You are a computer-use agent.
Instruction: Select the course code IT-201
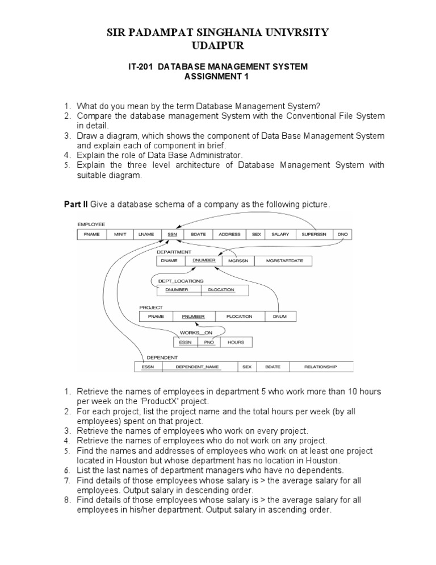pyautogui.click(x=141, y=67)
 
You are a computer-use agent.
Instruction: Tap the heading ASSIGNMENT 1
pyautogui.click(x=218, y=77)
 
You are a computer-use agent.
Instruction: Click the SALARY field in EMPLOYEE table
pyautogui.click(x=280, y=234)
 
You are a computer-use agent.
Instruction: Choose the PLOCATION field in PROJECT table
pyautogui.click(x=239, y=316)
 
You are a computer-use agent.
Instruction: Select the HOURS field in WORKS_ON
pyautogui.click(x=236, y=342)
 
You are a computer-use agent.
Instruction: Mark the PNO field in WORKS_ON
pyautogui.click(x=209, y=342)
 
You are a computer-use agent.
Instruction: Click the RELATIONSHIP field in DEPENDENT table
pyautogui.click(x=320, y=367)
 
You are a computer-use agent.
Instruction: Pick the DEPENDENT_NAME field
pyautogui.click(x=197, y=367)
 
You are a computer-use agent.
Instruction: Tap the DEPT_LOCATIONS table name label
pyautogui.click(x=181, y=281)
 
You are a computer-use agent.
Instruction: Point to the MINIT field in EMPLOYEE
pyautogui.click(x=120, y=234)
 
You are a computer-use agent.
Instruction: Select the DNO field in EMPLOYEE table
pyautogui.click(x=342, y=234)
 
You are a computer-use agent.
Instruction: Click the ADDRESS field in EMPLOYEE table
pyautogui.click(x=229, y=234)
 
